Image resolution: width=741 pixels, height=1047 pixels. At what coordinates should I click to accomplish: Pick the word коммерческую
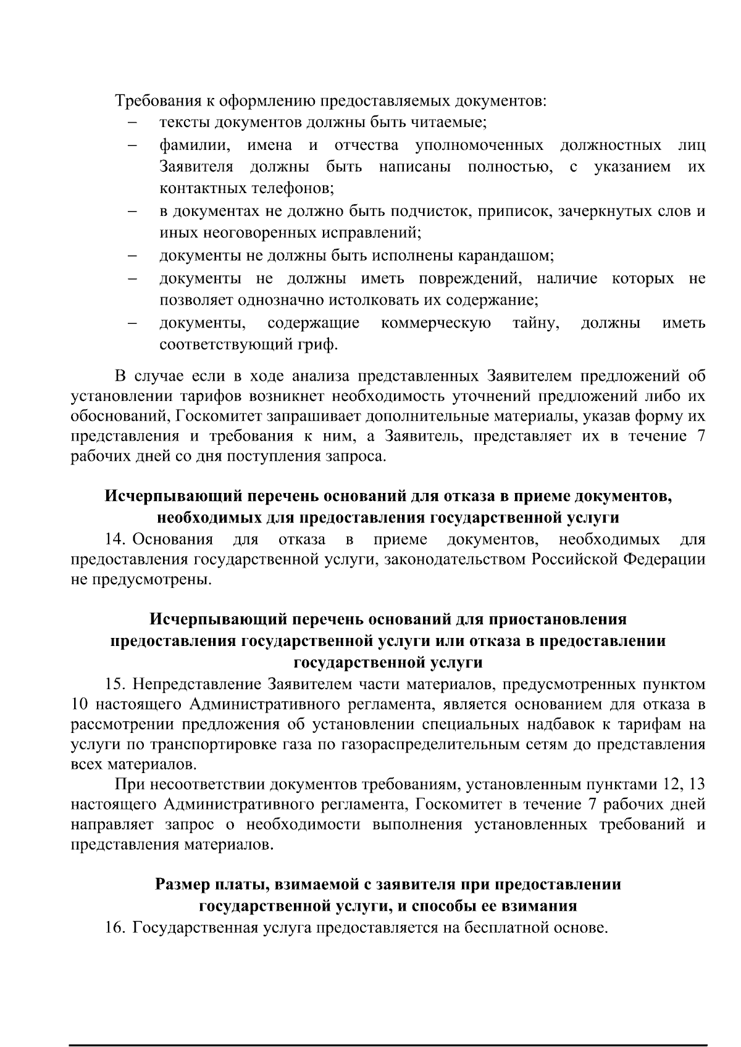tap(436, 323)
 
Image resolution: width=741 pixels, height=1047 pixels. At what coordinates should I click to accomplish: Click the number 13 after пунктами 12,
tap(697, 785)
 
